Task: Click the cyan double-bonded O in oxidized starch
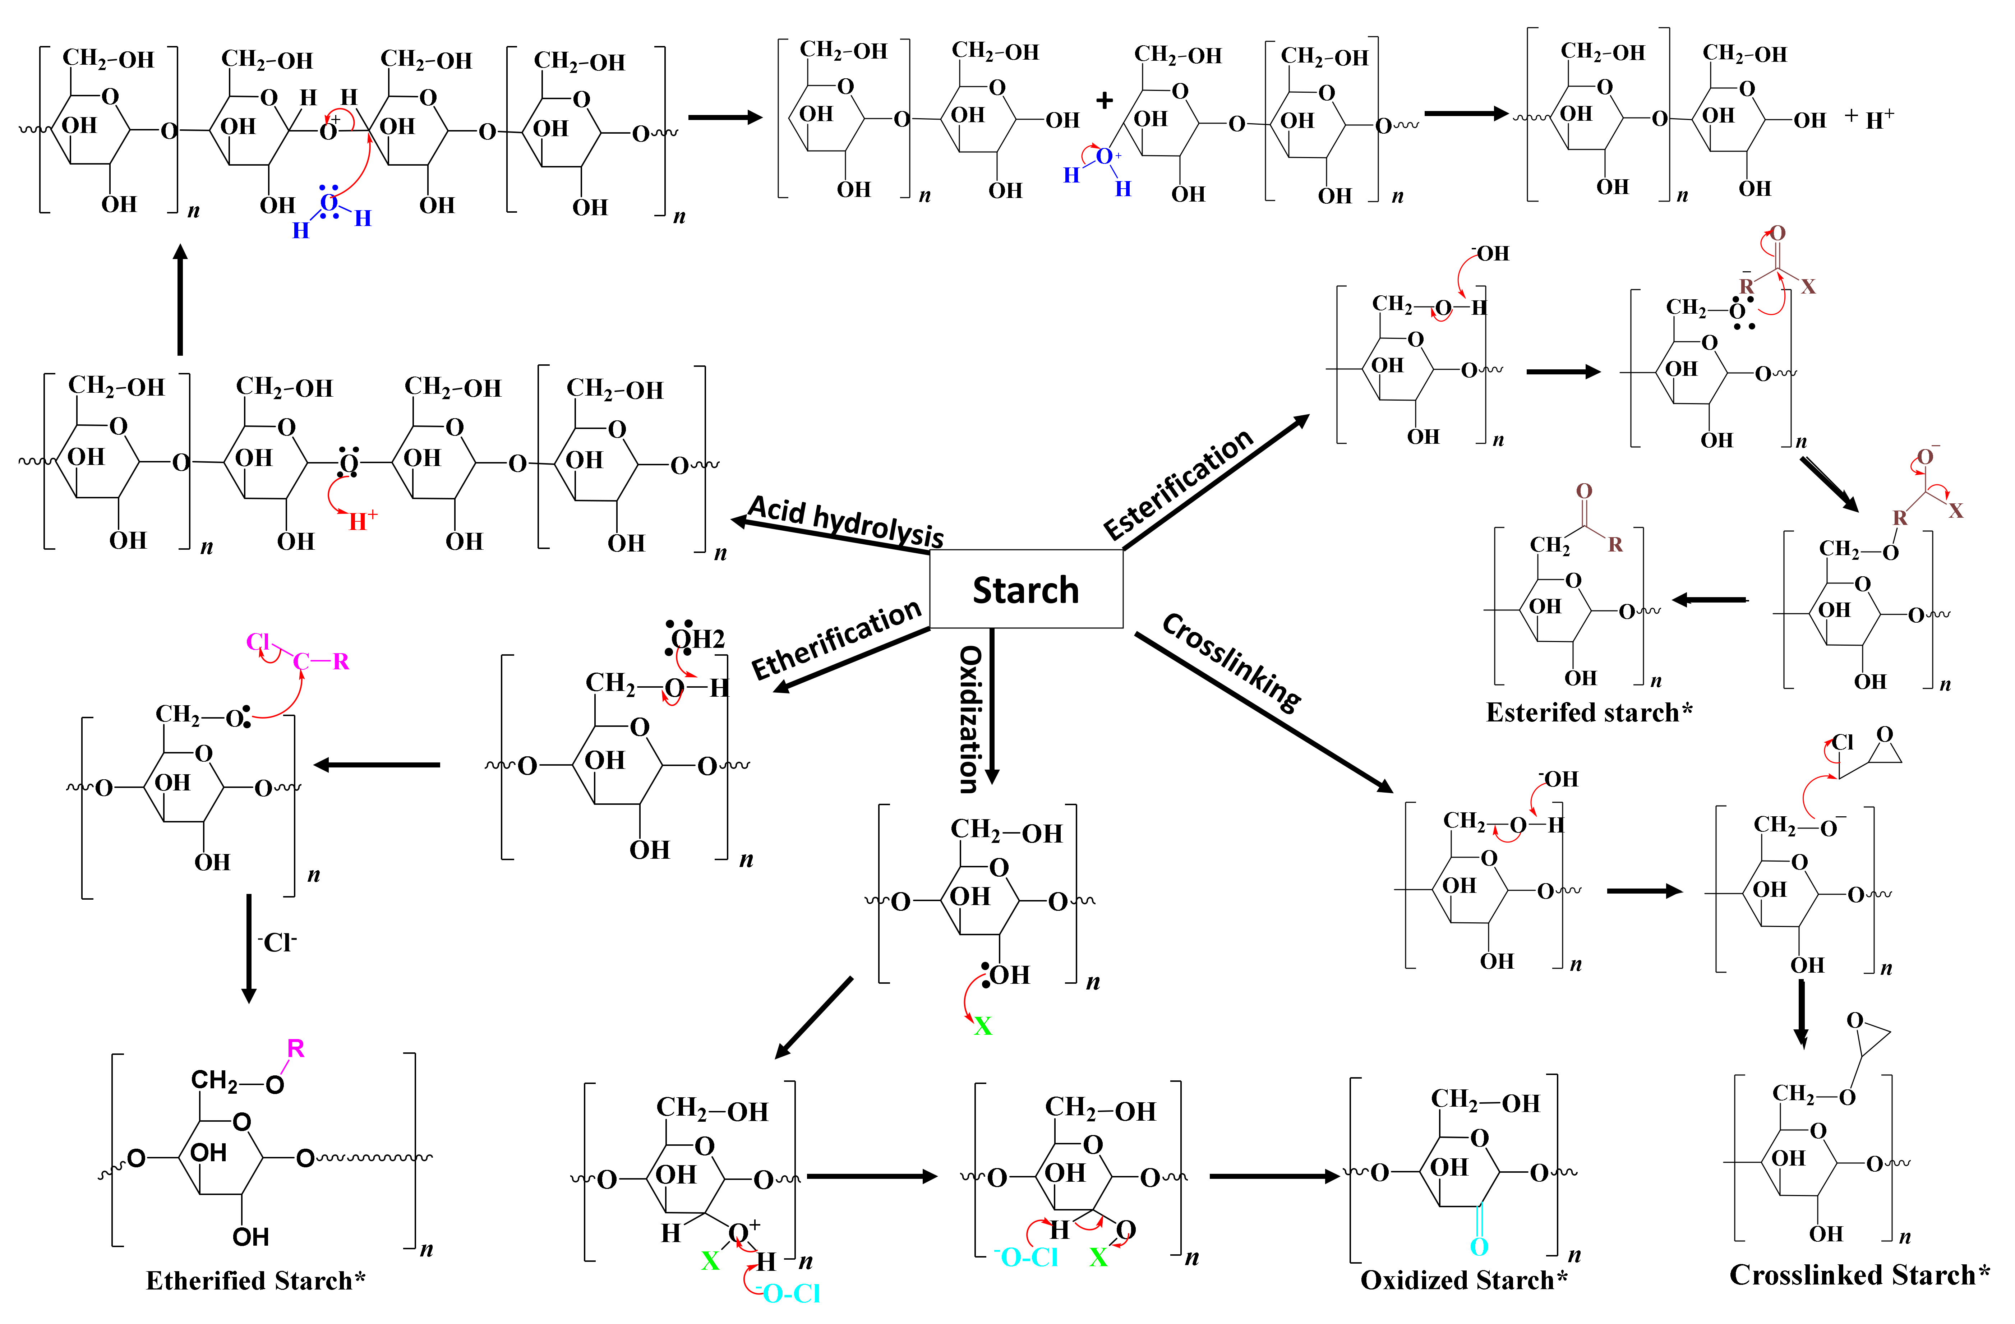point(1479,1246)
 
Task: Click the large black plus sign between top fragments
point(1104,101)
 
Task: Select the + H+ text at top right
point(1869,119)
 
